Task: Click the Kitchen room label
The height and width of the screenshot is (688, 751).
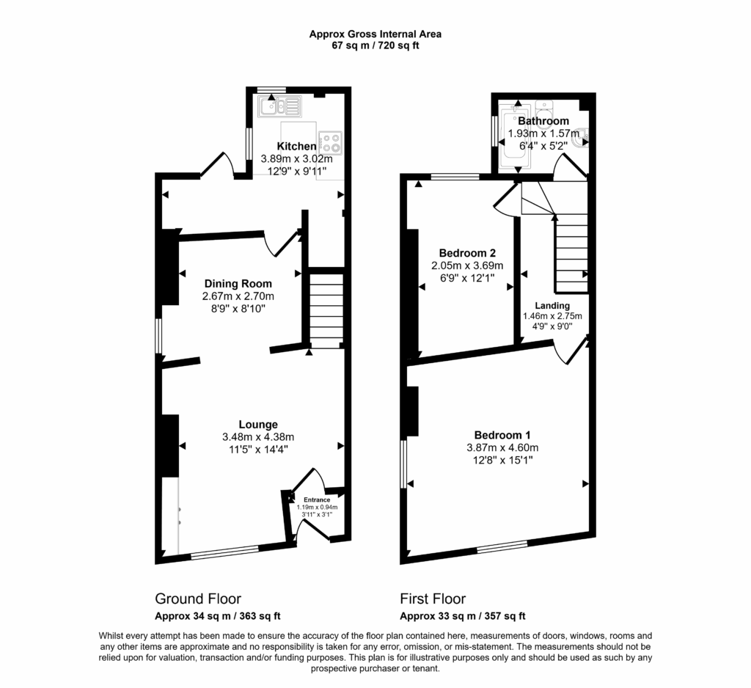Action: coord(296,147)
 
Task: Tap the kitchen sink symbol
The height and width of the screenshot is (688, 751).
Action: coord(279,107)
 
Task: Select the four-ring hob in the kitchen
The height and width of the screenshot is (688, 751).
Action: coord(329,140)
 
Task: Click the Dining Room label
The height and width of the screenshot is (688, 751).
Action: coord(238,284)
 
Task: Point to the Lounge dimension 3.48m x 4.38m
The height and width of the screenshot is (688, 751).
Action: coord(258,437)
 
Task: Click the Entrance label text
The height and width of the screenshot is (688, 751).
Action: coord(317,499)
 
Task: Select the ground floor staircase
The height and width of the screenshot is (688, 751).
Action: coord(325,308)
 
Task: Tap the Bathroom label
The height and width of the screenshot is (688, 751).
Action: coord(543,121)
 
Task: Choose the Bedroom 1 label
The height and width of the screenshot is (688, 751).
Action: coord(502,434)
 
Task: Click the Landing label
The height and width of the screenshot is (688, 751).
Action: coord(552,306)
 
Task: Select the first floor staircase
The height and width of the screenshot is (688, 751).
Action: coord(571,253)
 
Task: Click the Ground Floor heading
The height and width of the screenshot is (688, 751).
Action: coord(198,599)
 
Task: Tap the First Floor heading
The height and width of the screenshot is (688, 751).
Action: coord(433,599)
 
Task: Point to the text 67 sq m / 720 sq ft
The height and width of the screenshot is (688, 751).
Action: coord(375,45)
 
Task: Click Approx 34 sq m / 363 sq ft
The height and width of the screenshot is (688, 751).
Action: coord(218,616)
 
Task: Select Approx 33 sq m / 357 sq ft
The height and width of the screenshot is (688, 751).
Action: coord(462,616)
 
